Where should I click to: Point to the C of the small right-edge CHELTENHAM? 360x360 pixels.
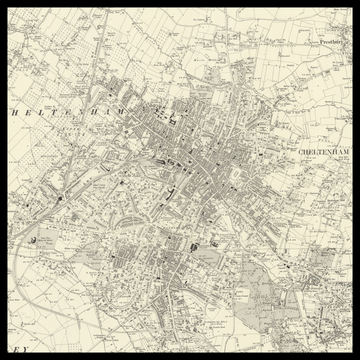click(300, 151)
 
